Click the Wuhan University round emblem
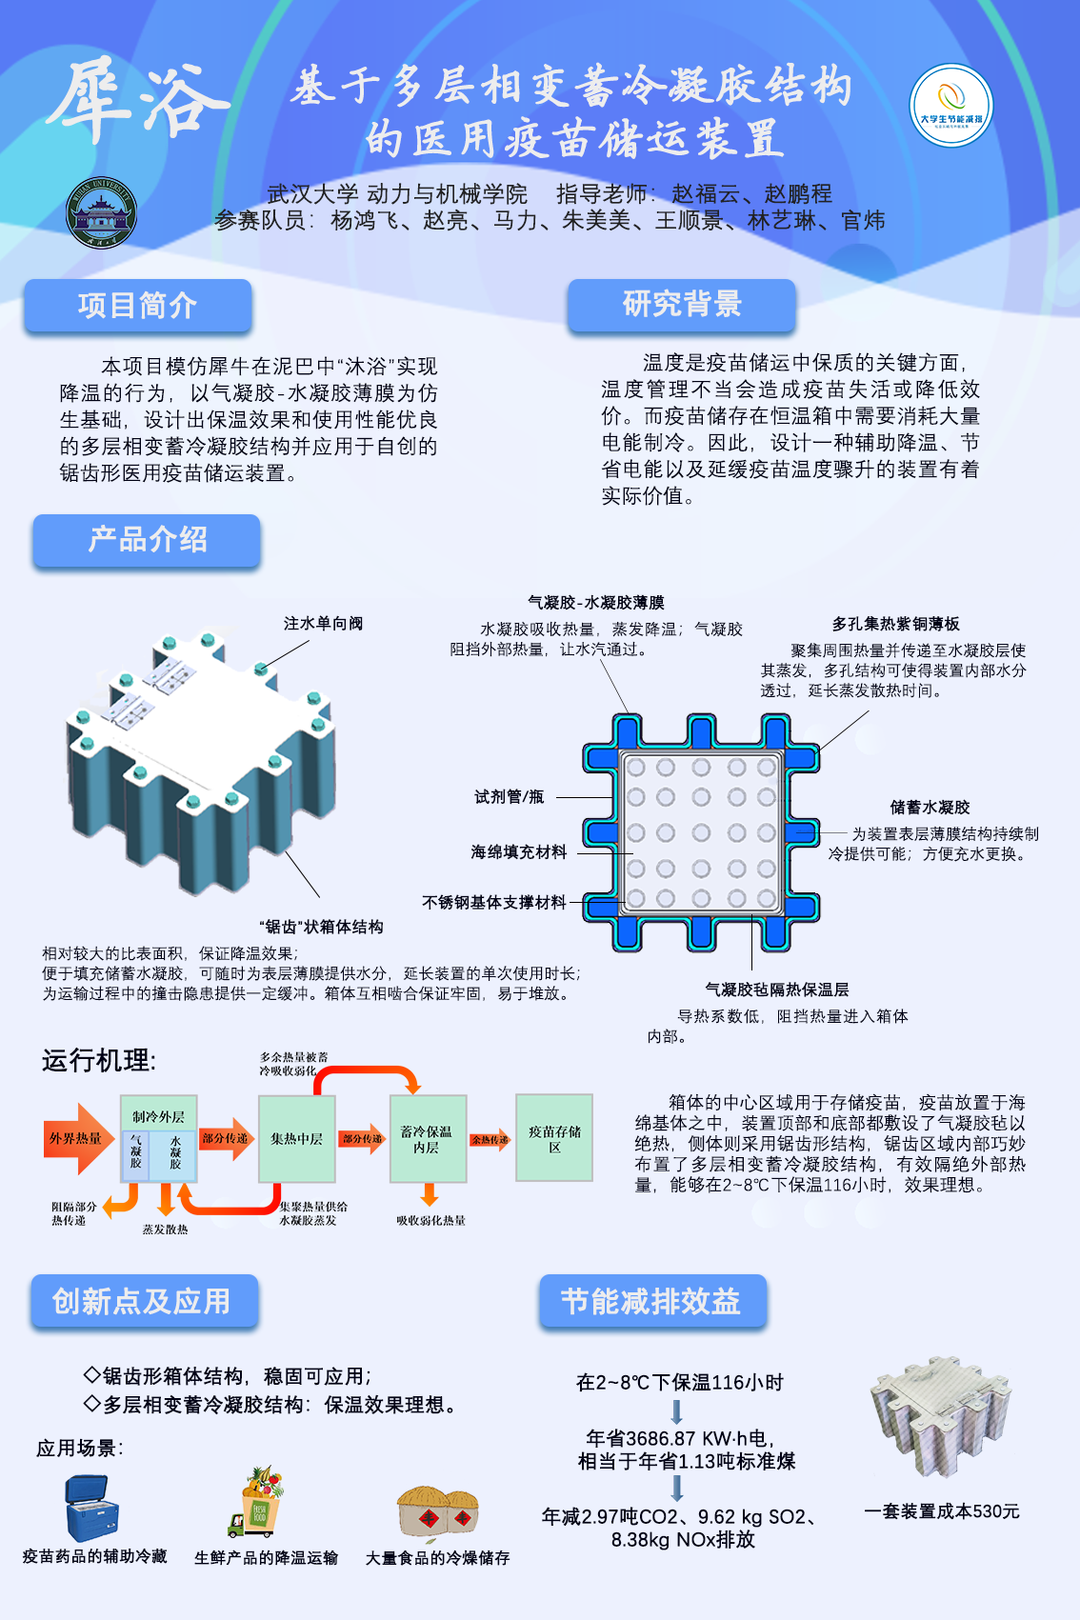pos(101,212)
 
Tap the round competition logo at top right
pos(950,105)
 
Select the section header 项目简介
pos(138,306)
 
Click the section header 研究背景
pos(682,305)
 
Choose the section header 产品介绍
pos(147,540)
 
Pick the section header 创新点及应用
pos(143,1301)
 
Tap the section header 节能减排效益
pos(652,1301)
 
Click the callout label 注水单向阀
pos(323,624)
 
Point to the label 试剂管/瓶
pos(510,797)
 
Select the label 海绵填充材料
pos(518,852)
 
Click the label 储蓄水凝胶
pos(930,808)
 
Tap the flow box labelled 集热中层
pos(297,1139)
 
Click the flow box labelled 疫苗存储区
pos(554,1138)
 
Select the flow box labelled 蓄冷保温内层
pos(428,1139)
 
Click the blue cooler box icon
pos(92,1508)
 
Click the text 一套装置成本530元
pos(941,1511)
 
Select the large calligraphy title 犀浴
pos(139,99)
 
